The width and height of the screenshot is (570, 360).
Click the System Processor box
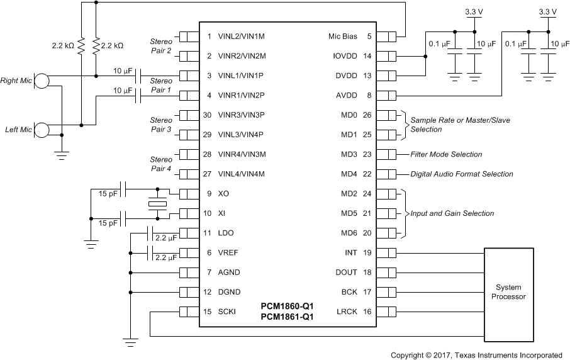[509, 292]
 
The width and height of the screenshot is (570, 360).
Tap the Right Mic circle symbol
[42, 81]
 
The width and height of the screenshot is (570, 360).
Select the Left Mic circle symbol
[42, 130]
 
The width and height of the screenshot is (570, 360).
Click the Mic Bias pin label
[342, 37]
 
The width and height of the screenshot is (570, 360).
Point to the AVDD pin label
[347, 96]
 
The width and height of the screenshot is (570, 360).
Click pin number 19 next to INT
[368, 252]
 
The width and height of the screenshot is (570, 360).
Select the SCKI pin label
[226, 312]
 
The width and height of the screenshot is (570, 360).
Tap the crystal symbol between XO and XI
[157, 203]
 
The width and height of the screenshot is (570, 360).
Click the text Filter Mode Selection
[446, 154]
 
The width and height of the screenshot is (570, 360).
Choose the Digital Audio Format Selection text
[462, 174]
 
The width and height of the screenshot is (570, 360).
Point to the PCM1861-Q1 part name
[287, 317]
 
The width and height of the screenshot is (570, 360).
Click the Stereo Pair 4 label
[160, 164]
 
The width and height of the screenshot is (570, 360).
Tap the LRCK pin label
[347, 312]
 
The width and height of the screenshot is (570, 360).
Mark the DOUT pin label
[347, 273]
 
